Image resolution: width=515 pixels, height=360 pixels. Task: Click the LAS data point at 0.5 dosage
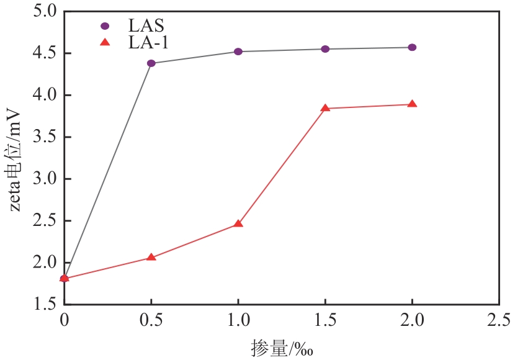pyautogui.click(x=151, y=63)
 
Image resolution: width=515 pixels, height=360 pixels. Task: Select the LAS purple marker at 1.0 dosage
pyautogui.click(x=238, y=52)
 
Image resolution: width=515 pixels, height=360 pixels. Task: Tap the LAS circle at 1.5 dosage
pyautogui.click(x=325, y=49)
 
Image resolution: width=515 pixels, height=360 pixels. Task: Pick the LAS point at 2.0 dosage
pyautogui.click(x=412, y=47)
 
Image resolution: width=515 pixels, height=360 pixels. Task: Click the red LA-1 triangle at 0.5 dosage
pyautogui.click(x=151, y=257)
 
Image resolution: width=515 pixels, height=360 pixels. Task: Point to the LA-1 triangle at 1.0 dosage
pyautogui.click(x=238, y=223)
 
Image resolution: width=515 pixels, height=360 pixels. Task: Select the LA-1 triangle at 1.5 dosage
pyautogui.click(x=325, y=108)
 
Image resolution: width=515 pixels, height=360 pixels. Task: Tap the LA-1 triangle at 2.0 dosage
pyautogui.click(x=412, y=104)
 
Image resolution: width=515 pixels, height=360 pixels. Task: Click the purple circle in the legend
pyautogui.click(x=105, y=26)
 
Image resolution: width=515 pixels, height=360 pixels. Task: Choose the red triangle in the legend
pyautogui.click(x=105, y=42)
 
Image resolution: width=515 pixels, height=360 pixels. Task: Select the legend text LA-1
pyautogui.click(x=148, y=42)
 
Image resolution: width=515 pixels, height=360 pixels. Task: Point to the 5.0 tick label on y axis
pyautogui.click(x=43, y=12)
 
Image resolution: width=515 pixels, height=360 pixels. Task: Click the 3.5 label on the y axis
pyautogui.click(x=43, y=137)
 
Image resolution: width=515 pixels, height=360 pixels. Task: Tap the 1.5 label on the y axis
pyautogui.click(x=43, y=304)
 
